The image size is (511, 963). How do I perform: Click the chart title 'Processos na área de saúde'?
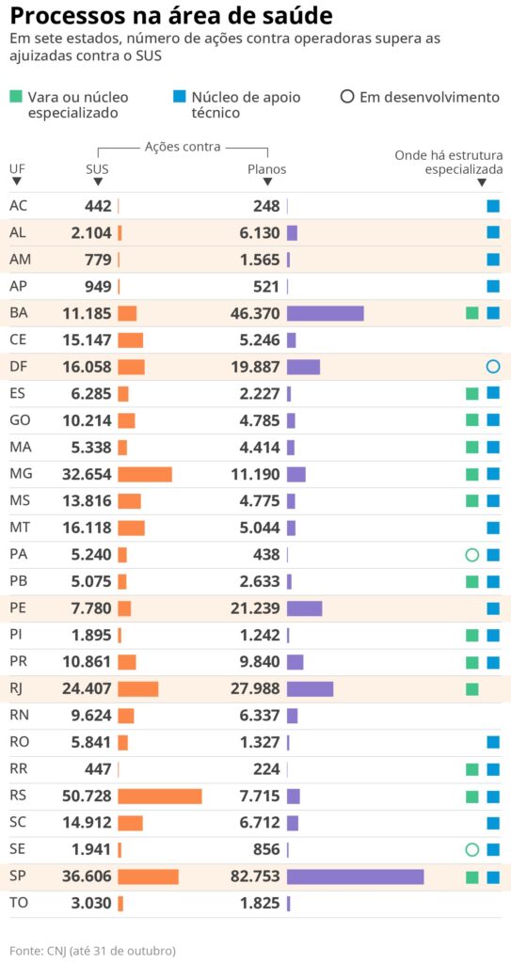170,16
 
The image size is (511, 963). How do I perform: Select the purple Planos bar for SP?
355,876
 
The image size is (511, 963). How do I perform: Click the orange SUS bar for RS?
159,796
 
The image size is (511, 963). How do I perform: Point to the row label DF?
18,367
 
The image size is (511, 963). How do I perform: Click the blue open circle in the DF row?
492,367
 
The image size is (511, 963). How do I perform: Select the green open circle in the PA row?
471,555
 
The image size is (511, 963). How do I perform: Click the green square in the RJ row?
471,689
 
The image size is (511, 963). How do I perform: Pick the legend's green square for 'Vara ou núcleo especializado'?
16,97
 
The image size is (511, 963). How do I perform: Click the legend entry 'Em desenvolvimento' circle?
347,97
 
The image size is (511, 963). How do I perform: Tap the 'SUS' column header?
97,169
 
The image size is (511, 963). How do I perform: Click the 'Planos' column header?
266,169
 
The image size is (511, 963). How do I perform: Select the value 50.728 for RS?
87,797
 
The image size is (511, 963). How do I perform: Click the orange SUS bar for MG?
144,474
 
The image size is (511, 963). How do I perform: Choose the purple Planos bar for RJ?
310,689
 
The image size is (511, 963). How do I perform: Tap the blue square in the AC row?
492,206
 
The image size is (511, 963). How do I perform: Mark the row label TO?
18,904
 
